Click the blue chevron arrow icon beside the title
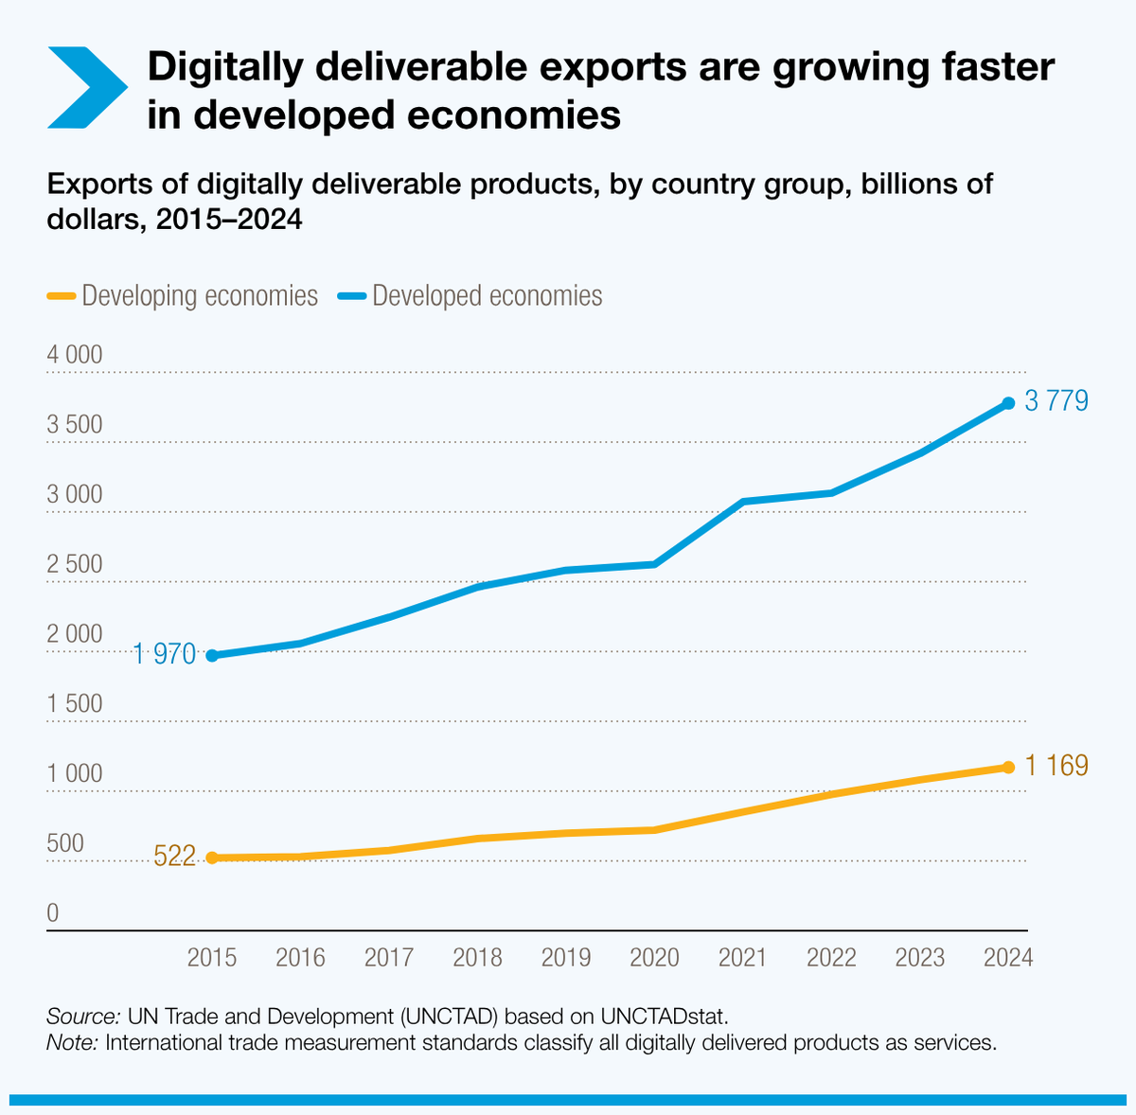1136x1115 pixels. pos(86,88)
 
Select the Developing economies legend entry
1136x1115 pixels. pos(182,295)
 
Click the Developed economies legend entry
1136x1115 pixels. pos(470,295)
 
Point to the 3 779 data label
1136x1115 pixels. pos(1056,401)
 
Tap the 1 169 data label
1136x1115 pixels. pos(1056,766)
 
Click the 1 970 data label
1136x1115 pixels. pos(164,654)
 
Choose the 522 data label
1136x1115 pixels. pos(174,858)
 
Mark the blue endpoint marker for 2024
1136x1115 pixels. pos(1008,403)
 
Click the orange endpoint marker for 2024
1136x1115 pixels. pos(1008,768)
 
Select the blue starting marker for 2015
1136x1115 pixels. pos(212,655)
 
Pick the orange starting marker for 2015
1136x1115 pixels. pos(212,858)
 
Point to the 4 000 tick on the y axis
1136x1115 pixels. pos(75,355)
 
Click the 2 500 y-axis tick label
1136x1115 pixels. pos(75,565)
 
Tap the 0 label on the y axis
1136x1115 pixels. pos(53,913)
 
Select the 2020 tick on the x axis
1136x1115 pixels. pos(654,958)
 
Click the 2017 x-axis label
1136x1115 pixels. pos(389,958)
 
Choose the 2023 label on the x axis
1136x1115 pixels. pos(920,958)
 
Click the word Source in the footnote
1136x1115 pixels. pos(82,1017)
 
